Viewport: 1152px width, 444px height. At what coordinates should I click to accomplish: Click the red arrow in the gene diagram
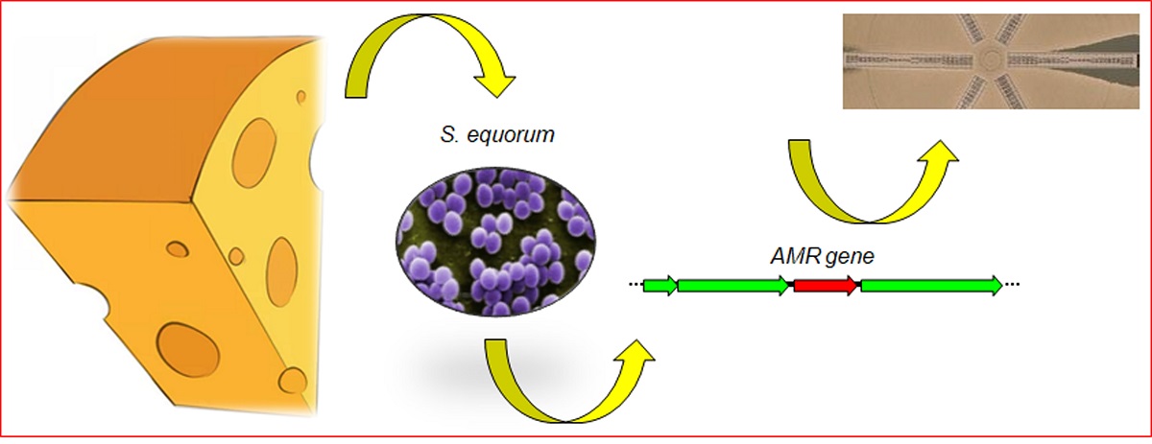(x=825, y=285)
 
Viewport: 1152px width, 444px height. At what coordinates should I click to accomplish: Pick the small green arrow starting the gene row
(x=660, y=285)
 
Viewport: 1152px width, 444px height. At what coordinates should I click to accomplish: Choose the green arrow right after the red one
(x=930, y=285)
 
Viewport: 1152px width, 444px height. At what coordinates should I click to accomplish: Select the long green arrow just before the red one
(x=733, y=285)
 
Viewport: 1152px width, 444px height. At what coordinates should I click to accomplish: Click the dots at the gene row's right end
(x=1014, y=286)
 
